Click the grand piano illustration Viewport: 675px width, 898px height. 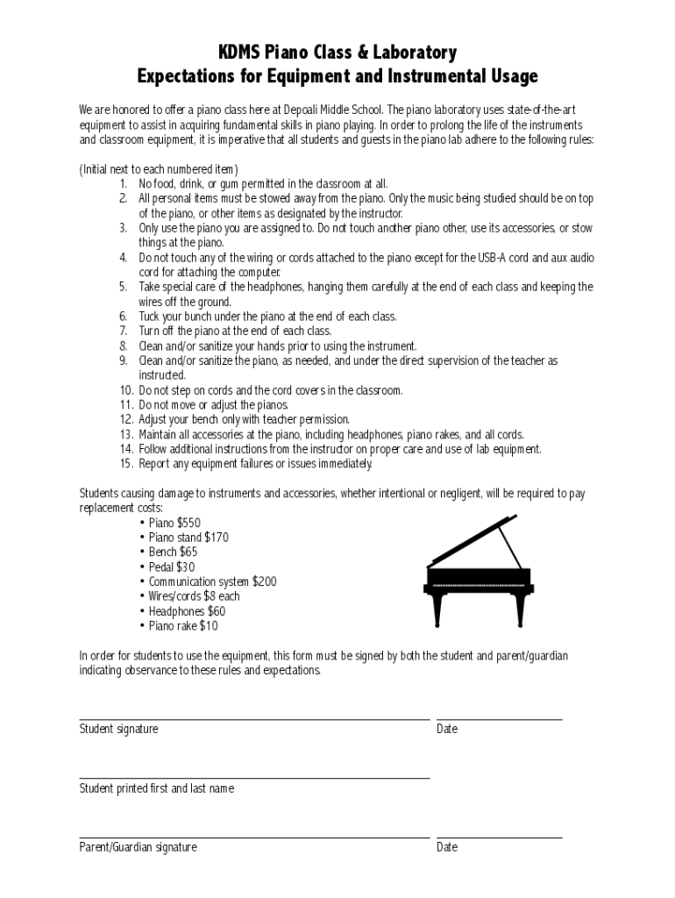tap(479, 572)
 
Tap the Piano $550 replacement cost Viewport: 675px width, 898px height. tap(174, 523)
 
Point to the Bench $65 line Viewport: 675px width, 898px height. tap(173, 552)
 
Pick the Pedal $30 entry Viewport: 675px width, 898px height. tap(172, 567)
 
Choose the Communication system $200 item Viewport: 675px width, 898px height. tap(212, 581)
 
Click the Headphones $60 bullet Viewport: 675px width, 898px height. tap(187, 611)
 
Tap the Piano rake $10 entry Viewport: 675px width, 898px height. tap(183, 626)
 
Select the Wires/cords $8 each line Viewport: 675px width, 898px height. tap(194, 596)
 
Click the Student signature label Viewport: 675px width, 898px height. tap(119, 730)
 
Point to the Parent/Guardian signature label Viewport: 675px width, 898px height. tap(139, 847)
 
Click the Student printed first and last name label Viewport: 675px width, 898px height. tap(157, 788)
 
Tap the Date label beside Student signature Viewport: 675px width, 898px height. tap(447, 730)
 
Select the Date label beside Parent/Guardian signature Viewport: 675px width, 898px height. tap(447, 847)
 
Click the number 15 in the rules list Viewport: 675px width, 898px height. tap(126, 464)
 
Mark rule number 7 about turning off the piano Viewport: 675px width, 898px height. tap(235, 331)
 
